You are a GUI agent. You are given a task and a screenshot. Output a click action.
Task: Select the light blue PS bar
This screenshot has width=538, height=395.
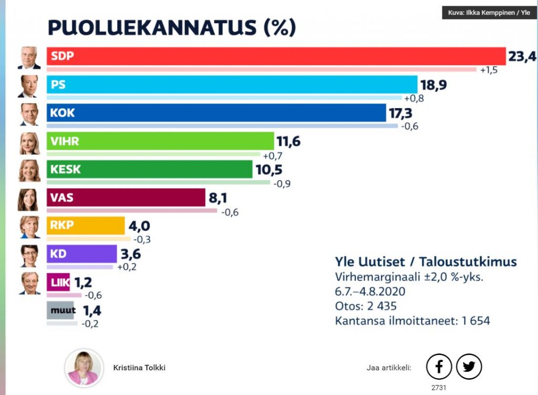(232, 84)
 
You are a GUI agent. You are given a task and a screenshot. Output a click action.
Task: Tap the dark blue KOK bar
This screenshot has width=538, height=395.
(216, 112)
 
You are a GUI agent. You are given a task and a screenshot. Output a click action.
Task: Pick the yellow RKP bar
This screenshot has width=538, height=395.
(86, 225)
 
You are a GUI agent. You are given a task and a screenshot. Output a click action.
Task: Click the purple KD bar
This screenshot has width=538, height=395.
(81, 254)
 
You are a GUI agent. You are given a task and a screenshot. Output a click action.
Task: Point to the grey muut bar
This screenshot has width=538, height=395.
(63, 310)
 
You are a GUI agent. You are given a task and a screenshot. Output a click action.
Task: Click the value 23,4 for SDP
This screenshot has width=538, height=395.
(522, 55)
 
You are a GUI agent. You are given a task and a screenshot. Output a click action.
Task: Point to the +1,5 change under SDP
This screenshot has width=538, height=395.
(489, 70)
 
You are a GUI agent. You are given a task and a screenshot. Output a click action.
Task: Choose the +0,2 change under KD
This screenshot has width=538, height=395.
(126, 267)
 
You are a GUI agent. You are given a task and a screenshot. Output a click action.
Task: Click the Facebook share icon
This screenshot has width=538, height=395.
(439, 366)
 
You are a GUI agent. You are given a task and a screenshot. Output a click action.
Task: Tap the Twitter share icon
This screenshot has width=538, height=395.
(469, 366)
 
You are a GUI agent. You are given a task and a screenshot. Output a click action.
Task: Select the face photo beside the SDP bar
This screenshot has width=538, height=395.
(28, 57)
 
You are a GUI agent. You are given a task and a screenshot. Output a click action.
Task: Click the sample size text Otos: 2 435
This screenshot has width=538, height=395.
(366, 306)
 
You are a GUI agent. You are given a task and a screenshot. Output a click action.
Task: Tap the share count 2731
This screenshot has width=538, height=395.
(439, 387)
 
